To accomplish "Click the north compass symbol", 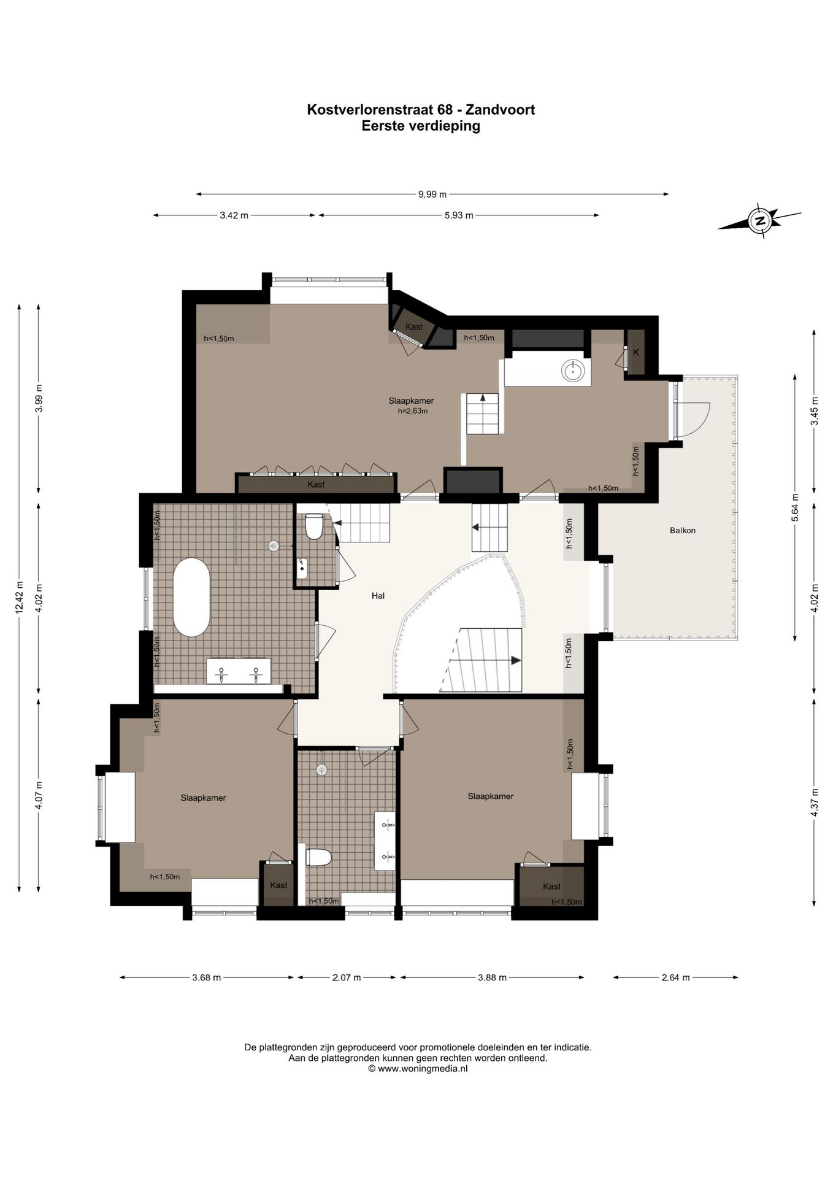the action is (760, 221).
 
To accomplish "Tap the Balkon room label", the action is (683, 531).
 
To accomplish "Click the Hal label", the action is (378, 596).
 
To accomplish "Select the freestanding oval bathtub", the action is (191, 597).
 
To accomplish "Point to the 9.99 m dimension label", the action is (432, 194).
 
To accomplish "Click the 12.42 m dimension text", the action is (19, 597).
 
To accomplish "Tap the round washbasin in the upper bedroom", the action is (573, 369).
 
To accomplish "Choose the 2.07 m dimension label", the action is (347, 977).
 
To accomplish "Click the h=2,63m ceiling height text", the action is (412, 411).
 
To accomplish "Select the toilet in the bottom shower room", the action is (318, 857).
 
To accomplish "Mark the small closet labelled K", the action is (636, 353).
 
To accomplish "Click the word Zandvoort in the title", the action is (500, 110).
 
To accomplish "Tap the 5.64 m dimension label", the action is (795, 507).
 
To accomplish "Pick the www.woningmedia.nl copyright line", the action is (418, 1068).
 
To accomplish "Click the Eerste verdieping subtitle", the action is (421, 126).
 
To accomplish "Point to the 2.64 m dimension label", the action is (676, 977).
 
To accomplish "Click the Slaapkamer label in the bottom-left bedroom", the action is (203, 798).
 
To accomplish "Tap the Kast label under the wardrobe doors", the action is (316, 485).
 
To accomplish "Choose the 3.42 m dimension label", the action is (234, 215).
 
